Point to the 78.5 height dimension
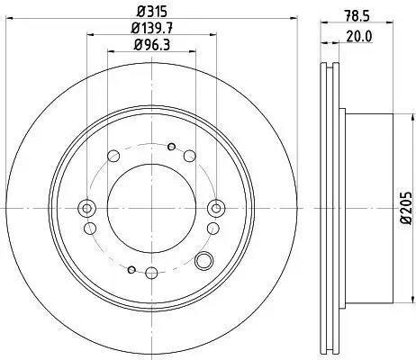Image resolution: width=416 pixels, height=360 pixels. click(357, 15)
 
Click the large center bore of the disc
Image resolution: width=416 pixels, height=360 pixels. click(151, 208)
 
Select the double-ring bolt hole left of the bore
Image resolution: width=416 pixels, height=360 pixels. click(87, 208)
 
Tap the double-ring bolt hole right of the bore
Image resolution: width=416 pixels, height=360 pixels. click(215, 208)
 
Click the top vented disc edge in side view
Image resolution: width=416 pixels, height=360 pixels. click(330, 90)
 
